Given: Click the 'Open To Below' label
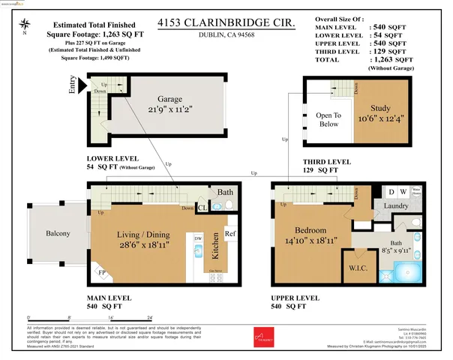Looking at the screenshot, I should tap(327, 120).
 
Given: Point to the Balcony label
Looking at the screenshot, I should tap(56, 234).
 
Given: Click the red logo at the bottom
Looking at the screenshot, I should tap(262, 337).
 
